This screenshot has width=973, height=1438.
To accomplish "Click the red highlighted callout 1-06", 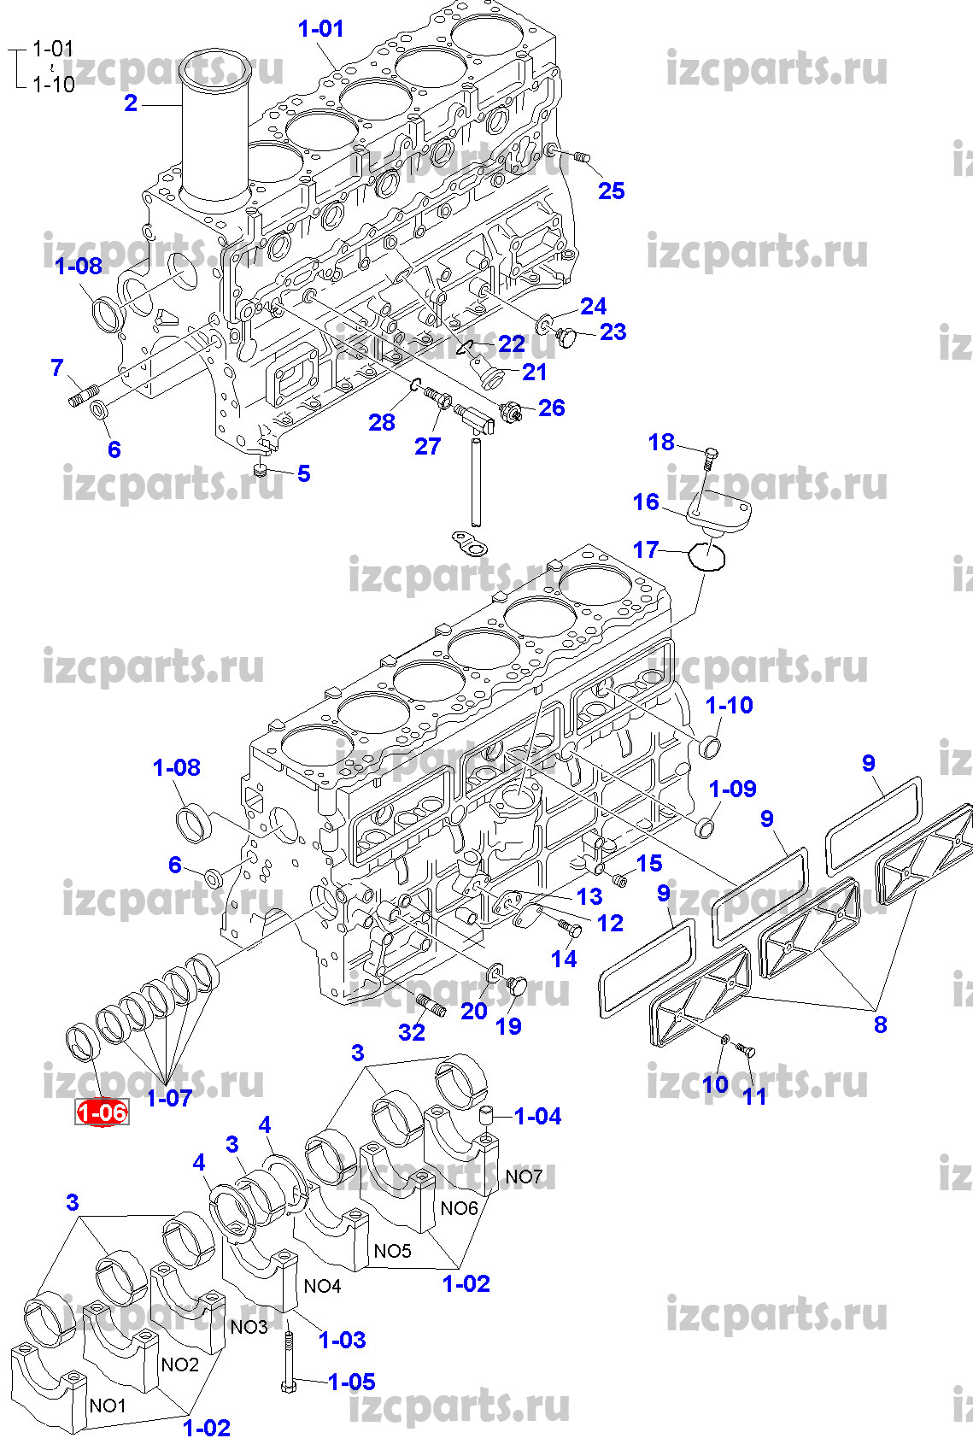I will (x=102, y=1112).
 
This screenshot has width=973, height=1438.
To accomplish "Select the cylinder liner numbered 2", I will (x=217, y=137).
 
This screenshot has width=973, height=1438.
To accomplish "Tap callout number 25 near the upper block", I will (x=611, y=191).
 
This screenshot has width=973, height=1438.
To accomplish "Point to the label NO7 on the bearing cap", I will (x=524, y=1177).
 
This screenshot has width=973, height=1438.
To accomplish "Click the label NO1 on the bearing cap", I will (x=108, y=1406).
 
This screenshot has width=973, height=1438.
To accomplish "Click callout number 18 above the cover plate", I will (x=661, y=442).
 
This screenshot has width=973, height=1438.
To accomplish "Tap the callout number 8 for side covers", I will (x=880, y=1024).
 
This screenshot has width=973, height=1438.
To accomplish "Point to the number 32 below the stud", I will (x=412, y=1032).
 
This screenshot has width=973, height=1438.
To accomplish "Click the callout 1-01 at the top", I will (x=320, y=28).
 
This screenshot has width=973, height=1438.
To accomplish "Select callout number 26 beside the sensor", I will (x=551, y=408).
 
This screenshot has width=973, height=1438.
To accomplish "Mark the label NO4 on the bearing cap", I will (x=322, y=1286).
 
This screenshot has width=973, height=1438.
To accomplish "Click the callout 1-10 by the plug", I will (x=729, y=705).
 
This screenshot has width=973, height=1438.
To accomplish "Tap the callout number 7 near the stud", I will (x=57, y=367).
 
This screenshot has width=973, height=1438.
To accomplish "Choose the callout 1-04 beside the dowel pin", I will (x=537, y=1116).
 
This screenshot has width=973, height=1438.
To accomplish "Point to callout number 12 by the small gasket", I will (x=610, y=923).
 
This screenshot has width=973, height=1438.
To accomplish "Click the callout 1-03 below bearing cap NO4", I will (x=342, y=1340).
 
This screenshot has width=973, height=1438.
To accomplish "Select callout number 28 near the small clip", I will (x=382, y=422).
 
